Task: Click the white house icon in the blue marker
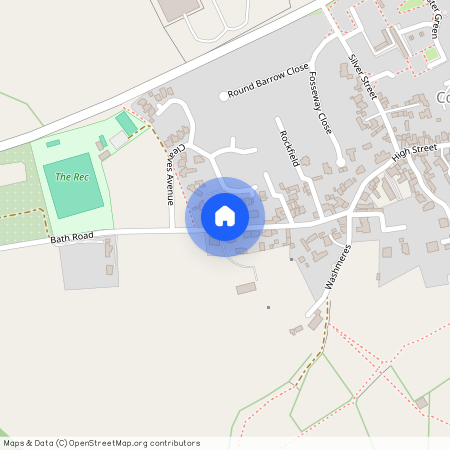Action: click(x=225, y=215)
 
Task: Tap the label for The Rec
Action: click(x=71, y=177)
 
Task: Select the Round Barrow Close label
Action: click(x=268, y=92)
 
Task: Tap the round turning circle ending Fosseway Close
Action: click(x=341, y=161)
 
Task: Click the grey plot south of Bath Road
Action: click(x=88, y=263)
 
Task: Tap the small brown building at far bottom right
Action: click(x=422, y=402)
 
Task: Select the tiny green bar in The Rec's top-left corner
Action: click(x=53, y=143)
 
